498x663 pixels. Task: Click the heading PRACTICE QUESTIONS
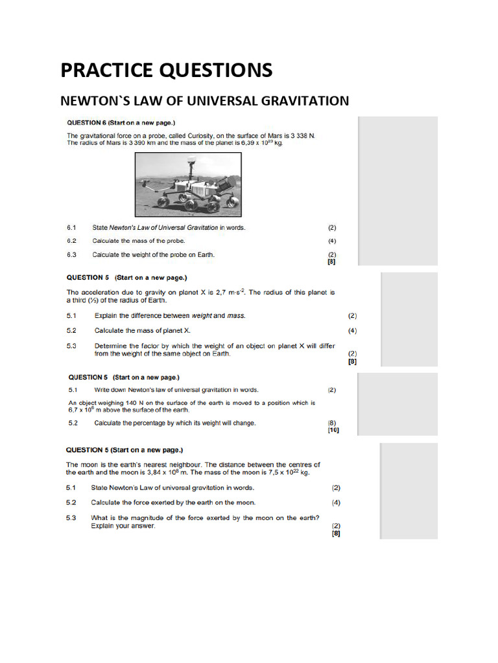click(x=167, y=70)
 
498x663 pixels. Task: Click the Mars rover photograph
click(x=188, y=184)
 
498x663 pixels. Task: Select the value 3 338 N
click(x=300, y=135)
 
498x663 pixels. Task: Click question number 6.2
click(x=71, y=241)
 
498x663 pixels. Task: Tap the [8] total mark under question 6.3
click(x=333, y=262)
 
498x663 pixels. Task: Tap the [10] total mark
click(x=333, y=430)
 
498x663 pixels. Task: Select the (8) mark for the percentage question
click(x=333, y=423)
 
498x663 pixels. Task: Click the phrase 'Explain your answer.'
click(x=123, y=526)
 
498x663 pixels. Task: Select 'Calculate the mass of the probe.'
click(x=139, y=241)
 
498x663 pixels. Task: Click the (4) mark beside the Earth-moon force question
click(x=336, y=502)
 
